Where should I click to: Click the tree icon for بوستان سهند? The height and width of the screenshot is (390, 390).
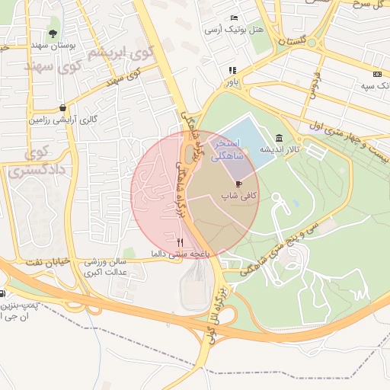point(53,33)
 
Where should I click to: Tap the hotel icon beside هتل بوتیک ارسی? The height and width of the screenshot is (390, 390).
point(235,18)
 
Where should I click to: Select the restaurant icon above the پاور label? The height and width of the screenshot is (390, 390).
point(232,70)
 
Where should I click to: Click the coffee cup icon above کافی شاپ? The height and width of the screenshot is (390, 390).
point(238,184)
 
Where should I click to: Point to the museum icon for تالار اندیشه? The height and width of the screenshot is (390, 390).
point(280,138)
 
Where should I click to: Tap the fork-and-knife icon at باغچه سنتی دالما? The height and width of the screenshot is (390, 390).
point(180,241)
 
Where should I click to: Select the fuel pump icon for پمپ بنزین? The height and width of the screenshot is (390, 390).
point(5,293)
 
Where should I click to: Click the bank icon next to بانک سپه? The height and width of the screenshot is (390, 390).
point(377,74)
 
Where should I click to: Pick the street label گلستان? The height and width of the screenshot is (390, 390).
point(298,40)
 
